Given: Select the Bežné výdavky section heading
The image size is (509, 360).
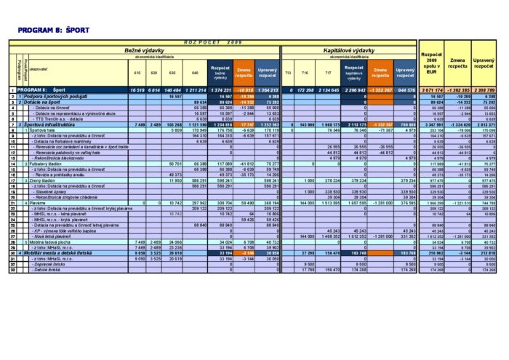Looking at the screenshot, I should pyautogui.click(x=145, y=50).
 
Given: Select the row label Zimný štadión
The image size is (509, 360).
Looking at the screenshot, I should pyautogui.click(x=41, y=180).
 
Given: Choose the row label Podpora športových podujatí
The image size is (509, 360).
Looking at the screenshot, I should pyautogui.click(x=55, y=96).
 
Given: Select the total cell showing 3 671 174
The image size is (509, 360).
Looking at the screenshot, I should pyautogui.click(x=433, y=89).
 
